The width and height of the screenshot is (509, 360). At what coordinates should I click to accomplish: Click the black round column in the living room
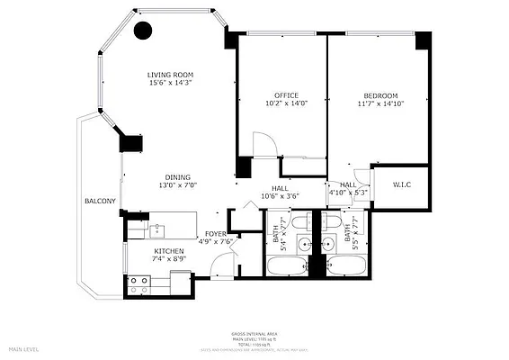coord(142,31)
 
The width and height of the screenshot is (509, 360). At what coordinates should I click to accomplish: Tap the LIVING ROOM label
coord(171,75)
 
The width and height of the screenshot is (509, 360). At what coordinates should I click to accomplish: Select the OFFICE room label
coord(286,95)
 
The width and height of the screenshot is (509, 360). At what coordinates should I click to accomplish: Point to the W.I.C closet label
coord(402,186)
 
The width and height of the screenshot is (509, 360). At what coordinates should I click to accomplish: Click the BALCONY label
coord(99,201)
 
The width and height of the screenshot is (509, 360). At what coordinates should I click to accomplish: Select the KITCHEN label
coord(169,251)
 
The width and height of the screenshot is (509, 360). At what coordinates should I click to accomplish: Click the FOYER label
coord(216,234)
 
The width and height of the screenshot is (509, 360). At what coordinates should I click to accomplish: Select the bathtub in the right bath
coord(347,266)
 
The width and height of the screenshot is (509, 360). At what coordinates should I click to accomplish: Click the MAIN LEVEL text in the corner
coord(25,348)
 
